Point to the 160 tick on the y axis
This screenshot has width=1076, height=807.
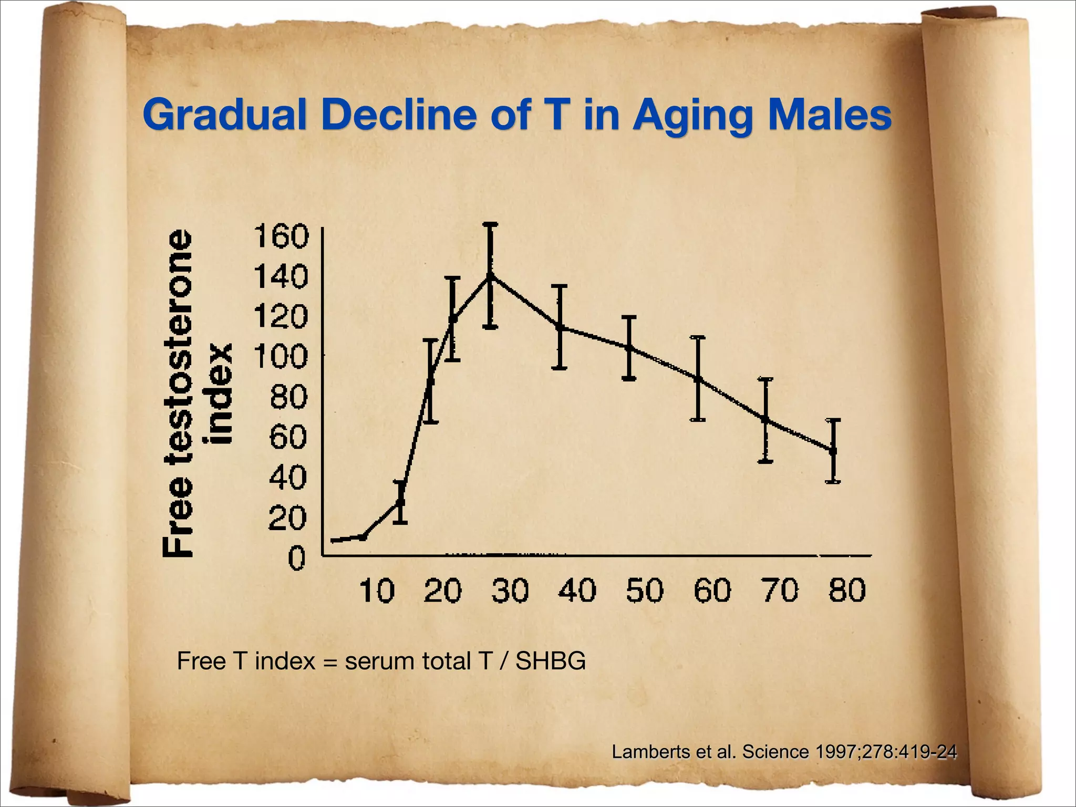281,236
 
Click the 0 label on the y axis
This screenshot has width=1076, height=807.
296,558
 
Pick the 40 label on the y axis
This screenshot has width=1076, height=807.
287,478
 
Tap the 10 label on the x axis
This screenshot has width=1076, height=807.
377,590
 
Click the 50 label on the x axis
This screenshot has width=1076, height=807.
645,590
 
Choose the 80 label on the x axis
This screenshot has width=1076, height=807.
847,590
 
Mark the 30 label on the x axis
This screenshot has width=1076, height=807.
510,590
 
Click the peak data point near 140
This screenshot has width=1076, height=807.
490,274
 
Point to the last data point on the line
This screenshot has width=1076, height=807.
833,450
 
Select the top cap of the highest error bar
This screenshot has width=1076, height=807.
490,224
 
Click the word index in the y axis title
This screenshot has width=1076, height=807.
221,394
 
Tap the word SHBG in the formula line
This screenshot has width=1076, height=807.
550,661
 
